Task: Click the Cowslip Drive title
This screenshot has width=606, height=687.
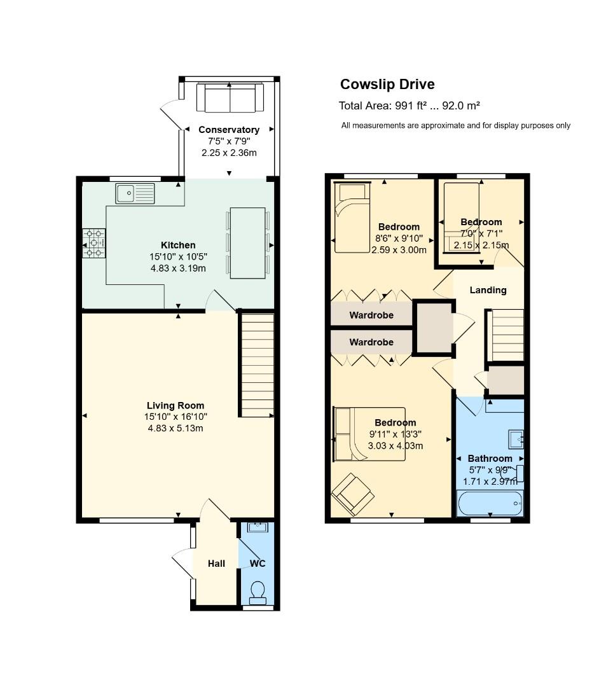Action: (x=387, y=85)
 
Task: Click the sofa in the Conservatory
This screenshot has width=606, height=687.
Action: (x=230, y=97)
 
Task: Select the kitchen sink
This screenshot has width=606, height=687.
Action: (x=135, y=192)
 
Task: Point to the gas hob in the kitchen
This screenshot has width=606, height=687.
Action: (x=94, y=243)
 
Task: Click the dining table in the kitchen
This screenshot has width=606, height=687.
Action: (x=247, y=242)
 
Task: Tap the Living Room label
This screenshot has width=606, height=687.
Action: (x=176, y=405)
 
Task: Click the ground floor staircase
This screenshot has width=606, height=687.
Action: (x=257, y=365)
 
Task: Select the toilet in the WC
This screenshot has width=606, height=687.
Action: (x=258, y=592)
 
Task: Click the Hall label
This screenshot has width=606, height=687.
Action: (x=216, y=564)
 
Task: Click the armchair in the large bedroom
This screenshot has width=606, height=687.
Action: (x=350, y=494)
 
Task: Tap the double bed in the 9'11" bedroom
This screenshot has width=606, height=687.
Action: (x=369, y=434)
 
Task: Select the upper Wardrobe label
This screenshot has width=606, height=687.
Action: (x=371, y=315)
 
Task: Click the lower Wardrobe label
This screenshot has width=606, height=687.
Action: (x=371, y=342)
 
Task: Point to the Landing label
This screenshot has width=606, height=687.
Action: (x=488, y=290)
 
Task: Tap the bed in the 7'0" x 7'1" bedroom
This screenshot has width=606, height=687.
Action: (x=460, y=218)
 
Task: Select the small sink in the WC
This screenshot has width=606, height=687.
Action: (x=258, y=527)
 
